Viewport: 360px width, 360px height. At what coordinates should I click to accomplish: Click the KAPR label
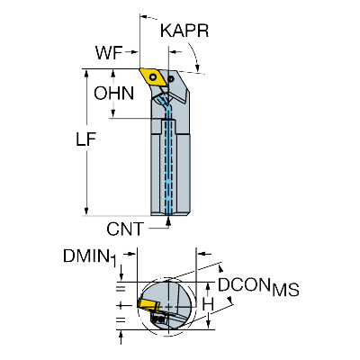tap(184, 31)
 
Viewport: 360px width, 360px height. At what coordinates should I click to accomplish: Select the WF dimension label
tap(109, 53)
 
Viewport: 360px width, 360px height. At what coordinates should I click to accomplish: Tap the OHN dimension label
tap(113, 94)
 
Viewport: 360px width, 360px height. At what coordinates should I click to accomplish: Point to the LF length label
tap(85, 139)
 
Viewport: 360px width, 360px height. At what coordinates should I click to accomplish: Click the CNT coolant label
tap(125, 229)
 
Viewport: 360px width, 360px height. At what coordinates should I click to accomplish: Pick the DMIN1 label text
tap(89, 257)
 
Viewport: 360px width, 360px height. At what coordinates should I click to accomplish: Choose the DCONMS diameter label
tap(258, 286)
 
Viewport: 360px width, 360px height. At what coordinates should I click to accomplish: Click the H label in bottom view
tap(208, 305)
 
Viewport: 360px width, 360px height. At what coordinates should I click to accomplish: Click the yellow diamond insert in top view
tap(153, 77)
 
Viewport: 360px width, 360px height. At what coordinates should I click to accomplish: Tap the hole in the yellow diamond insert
tap(154, 77)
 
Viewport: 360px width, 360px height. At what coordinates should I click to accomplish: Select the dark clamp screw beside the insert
tap(171, 79)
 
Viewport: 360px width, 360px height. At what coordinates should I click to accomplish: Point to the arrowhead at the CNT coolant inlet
tap(168, 220)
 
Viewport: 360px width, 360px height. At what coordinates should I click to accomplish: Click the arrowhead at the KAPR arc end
tap(197, 68)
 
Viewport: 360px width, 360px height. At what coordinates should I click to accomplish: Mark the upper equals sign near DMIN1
tap(121, 289)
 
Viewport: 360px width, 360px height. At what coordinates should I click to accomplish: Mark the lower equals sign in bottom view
tap(121, 319)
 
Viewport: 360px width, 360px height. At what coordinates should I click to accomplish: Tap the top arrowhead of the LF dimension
tap(86, 73)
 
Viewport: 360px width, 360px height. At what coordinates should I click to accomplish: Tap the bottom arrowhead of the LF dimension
tap(86, 211)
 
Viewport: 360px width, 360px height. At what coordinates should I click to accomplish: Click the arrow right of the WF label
tap(131, 52)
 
